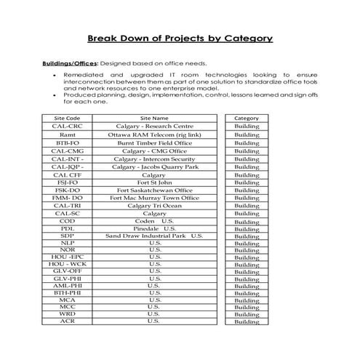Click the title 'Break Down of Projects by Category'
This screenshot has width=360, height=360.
click(x=180, y=38)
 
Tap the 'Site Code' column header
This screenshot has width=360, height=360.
click(x=68, y=117)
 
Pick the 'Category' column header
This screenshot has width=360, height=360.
click(x=247, y=117)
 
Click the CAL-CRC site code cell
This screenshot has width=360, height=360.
click(x=68, y=126)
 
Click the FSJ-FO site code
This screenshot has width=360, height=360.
click(x=68, y=183)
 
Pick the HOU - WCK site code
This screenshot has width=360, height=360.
click(x=68, y=263)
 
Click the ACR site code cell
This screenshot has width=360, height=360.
click(x=68, y=321)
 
